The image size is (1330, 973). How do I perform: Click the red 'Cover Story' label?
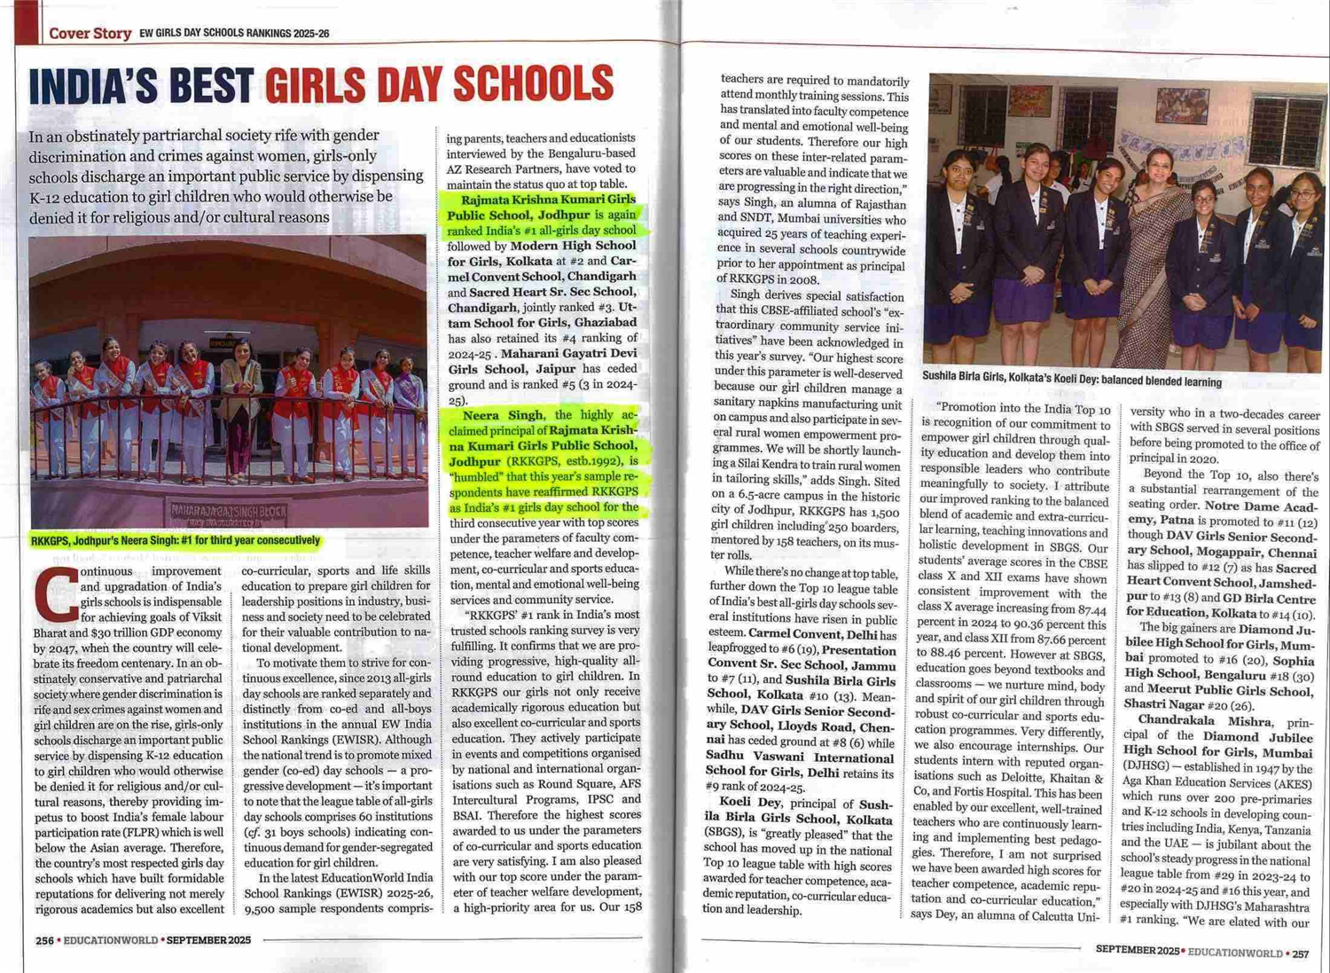[90, 34]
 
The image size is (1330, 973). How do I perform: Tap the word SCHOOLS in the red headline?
[533, 84]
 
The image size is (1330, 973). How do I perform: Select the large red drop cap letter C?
[55, 594]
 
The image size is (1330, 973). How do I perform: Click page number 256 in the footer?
[44, 940]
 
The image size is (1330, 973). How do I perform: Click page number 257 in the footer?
[1300, 953]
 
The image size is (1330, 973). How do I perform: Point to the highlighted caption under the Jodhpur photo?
[175, 540]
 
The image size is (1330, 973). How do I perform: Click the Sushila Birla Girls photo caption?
[1071, 379]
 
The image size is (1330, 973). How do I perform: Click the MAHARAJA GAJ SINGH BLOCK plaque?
[229, 512]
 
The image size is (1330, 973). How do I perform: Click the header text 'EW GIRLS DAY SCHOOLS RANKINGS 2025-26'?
[234, 34]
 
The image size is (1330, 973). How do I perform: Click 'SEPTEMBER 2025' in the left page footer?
[208, 940]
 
